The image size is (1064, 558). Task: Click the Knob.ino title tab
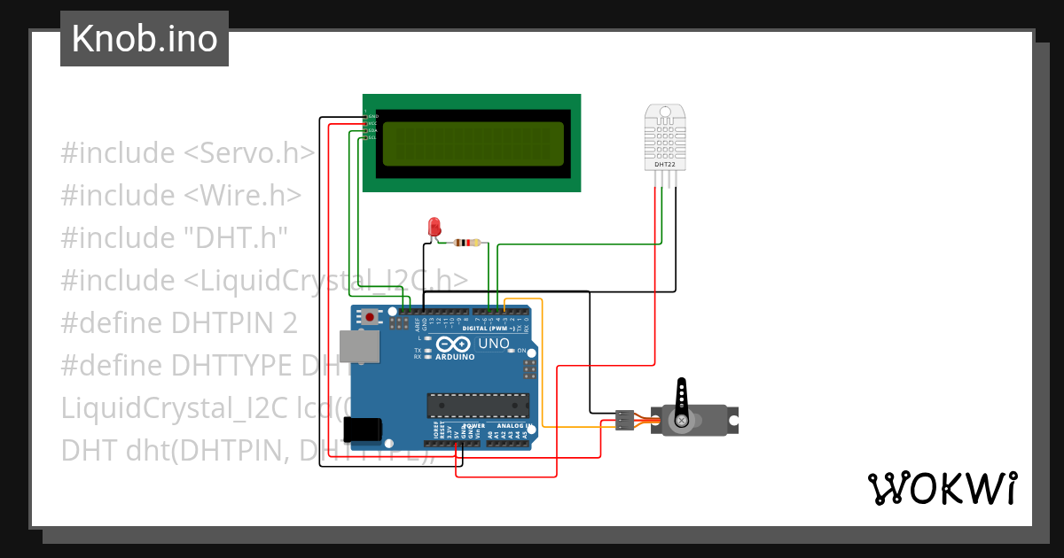(145, 39)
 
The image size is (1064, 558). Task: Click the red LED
(434, 226)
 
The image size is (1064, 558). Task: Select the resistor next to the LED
(467, 243)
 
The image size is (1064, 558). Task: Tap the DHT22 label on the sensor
(665, 164)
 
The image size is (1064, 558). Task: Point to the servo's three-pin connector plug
(625, 420)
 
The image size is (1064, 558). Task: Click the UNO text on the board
(494, 344)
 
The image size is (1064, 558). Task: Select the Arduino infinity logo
(453, 345)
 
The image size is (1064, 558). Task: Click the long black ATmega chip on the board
(479, 405)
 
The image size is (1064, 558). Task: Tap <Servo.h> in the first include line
(249, 152)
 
